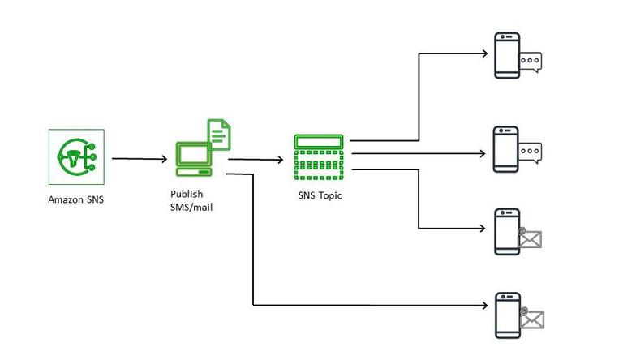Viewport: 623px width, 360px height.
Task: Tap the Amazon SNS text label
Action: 75,199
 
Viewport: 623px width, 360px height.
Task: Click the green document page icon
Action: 218,134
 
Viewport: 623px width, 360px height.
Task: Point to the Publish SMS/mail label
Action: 191,200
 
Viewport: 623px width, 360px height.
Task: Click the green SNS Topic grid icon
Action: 320,158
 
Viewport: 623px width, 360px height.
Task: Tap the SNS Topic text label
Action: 320,195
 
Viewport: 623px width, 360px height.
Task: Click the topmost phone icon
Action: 508,55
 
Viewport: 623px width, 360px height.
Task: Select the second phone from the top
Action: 506,148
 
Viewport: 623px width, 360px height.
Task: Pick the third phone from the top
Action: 507,231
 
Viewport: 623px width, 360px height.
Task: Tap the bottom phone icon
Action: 508,315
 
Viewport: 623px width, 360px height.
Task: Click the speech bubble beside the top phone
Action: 531,60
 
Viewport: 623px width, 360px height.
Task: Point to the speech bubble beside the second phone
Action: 530,151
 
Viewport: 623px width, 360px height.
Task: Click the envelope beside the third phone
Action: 530,238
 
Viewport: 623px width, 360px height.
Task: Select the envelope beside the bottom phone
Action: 531,319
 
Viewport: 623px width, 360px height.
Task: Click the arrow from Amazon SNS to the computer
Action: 139,159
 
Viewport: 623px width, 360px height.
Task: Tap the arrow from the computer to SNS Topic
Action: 256,160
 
